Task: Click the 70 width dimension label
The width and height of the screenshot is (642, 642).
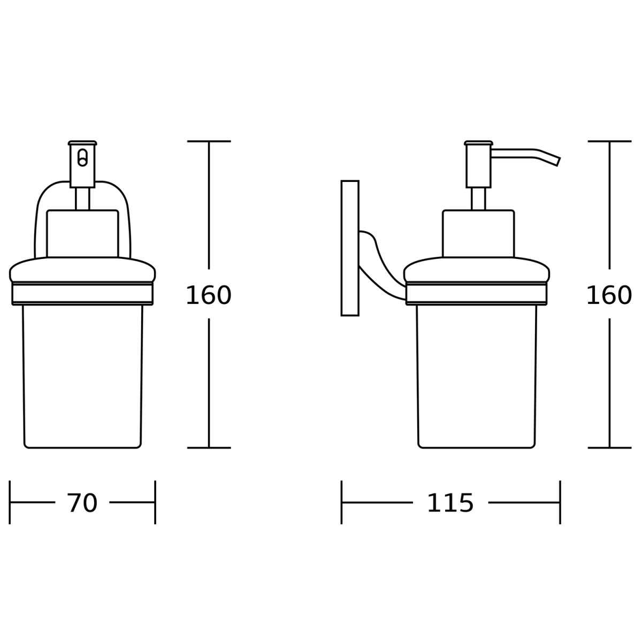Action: (x=82, y=503)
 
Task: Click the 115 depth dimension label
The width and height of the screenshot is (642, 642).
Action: (x=450, y=503)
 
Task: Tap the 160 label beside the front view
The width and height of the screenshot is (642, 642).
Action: (x=209, y=295)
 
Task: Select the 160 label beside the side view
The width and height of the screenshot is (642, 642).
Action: (x=609, y=295)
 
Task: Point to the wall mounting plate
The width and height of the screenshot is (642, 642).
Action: (x=350, y=248)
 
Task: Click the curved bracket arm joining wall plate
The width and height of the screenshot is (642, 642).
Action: (x=383, y=266)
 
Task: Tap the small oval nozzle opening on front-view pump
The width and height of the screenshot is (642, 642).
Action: (x=82, y=158)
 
